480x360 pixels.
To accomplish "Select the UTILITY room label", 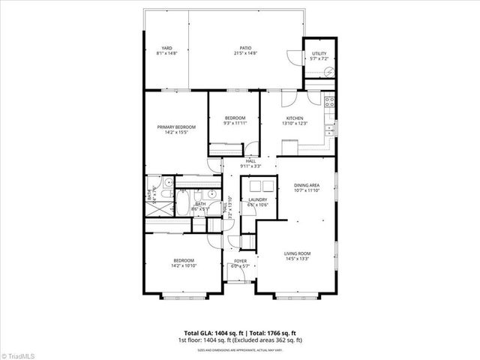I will coord(319,52).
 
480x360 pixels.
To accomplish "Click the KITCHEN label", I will coord(293,118).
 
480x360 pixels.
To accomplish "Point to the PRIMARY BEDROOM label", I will coord(176,127).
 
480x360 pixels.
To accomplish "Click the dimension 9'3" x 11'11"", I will coord(235,124).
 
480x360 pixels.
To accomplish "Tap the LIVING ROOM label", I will coord(297,253).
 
